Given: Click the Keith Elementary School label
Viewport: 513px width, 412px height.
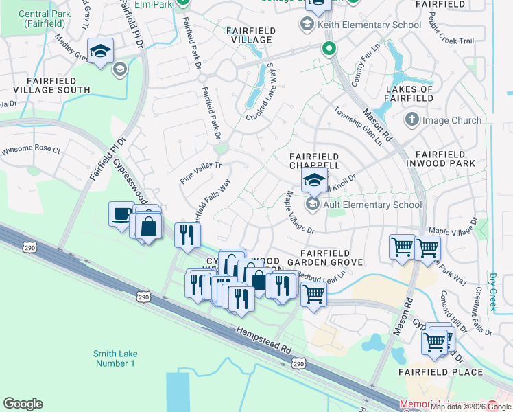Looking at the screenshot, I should click(369, 25).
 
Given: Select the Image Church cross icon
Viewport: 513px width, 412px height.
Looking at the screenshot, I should click(411, 120).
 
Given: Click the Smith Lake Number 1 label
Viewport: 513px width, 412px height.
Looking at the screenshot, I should click(114, 358).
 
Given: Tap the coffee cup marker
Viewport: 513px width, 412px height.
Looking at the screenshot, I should click(121, 213).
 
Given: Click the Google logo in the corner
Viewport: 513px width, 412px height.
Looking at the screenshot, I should click(23, 404).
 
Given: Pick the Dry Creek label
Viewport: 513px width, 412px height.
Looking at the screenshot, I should click(492, 293).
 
